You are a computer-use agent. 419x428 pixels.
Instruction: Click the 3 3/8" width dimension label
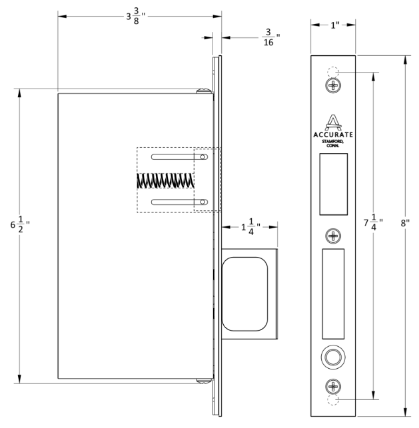[x=139, y=16]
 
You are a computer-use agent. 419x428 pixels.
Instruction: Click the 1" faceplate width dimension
[x=332, y=25]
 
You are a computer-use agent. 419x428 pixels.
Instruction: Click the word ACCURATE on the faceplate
[x=333, y=134]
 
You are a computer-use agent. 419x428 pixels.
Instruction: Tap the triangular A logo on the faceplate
[x=333, y=122]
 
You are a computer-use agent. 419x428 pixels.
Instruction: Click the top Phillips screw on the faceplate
[x=333, y=85]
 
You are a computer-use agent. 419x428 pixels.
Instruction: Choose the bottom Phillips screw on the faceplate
[x=333, y=385]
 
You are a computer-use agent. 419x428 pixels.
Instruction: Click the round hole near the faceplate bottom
[x=333, y=357]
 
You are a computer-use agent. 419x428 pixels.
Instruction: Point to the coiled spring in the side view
[x=165, y=180]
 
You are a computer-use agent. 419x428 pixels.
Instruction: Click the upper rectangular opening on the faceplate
[x=333, y=183]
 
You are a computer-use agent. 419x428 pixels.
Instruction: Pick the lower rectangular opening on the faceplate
[x=333, y=293]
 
